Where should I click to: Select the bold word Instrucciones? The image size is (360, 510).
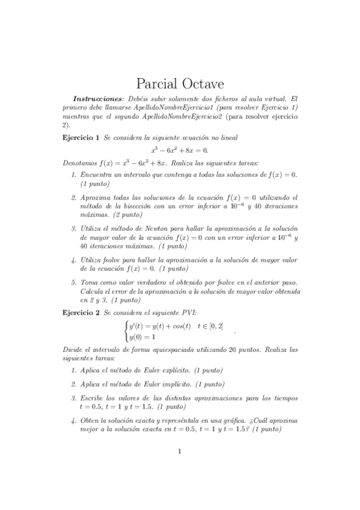[x=98, y=99]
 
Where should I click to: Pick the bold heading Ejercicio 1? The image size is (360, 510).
[x=81, y=138]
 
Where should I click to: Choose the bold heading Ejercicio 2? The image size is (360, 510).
[x=81, y=313]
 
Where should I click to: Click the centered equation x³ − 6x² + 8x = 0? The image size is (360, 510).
[x=180, y=150]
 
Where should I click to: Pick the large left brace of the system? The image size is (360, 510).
[x=124, y=331]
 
